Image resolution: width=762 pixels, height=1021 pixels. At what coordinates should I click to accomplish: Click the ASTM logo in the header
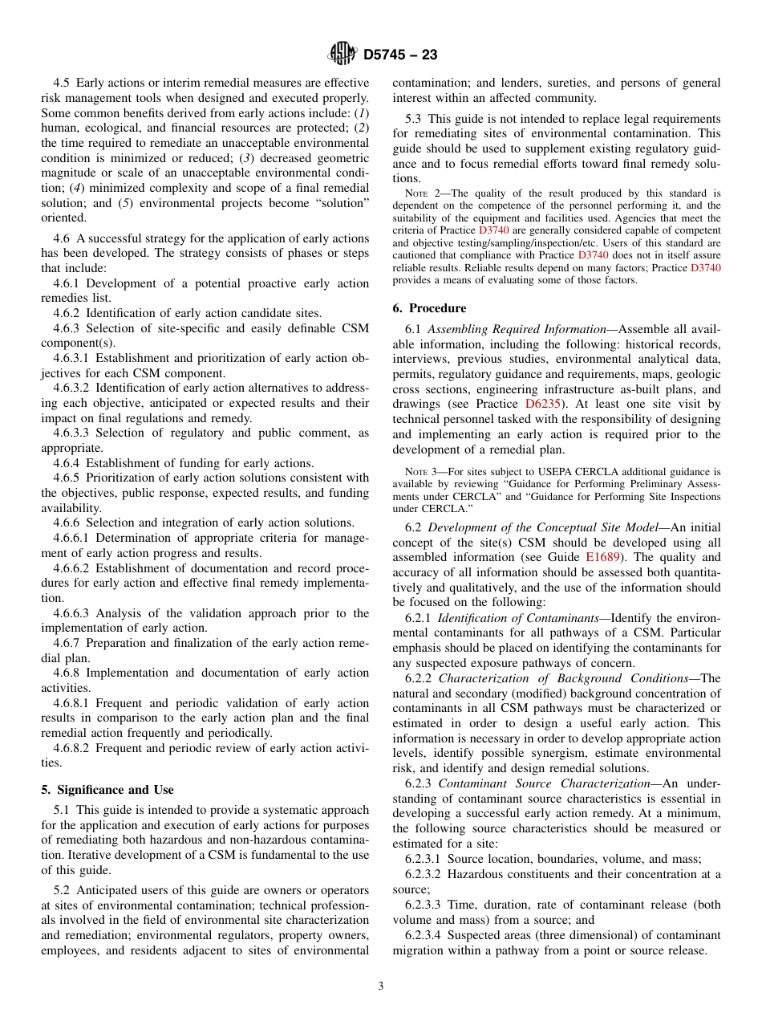[342, 55]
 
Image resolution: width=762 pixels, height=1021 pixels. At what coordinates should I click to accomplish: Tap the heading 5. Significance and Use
[107, 789]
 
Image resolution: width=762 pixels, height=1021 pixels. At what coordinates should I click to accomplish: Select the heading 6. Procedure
[429, 307]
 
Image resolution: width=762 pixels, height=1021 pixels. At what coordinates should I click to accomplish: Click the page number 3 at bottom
[381, 986]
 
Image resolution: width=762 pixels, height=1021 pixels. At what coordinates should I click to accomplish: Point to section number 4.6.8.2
[75, 747]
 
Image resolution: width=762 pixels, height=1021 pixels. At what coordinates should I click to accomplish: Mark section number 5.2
[62, 889]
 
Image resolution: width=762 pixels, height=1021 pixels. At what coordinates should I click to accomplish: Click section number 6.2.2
[419, 678]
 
